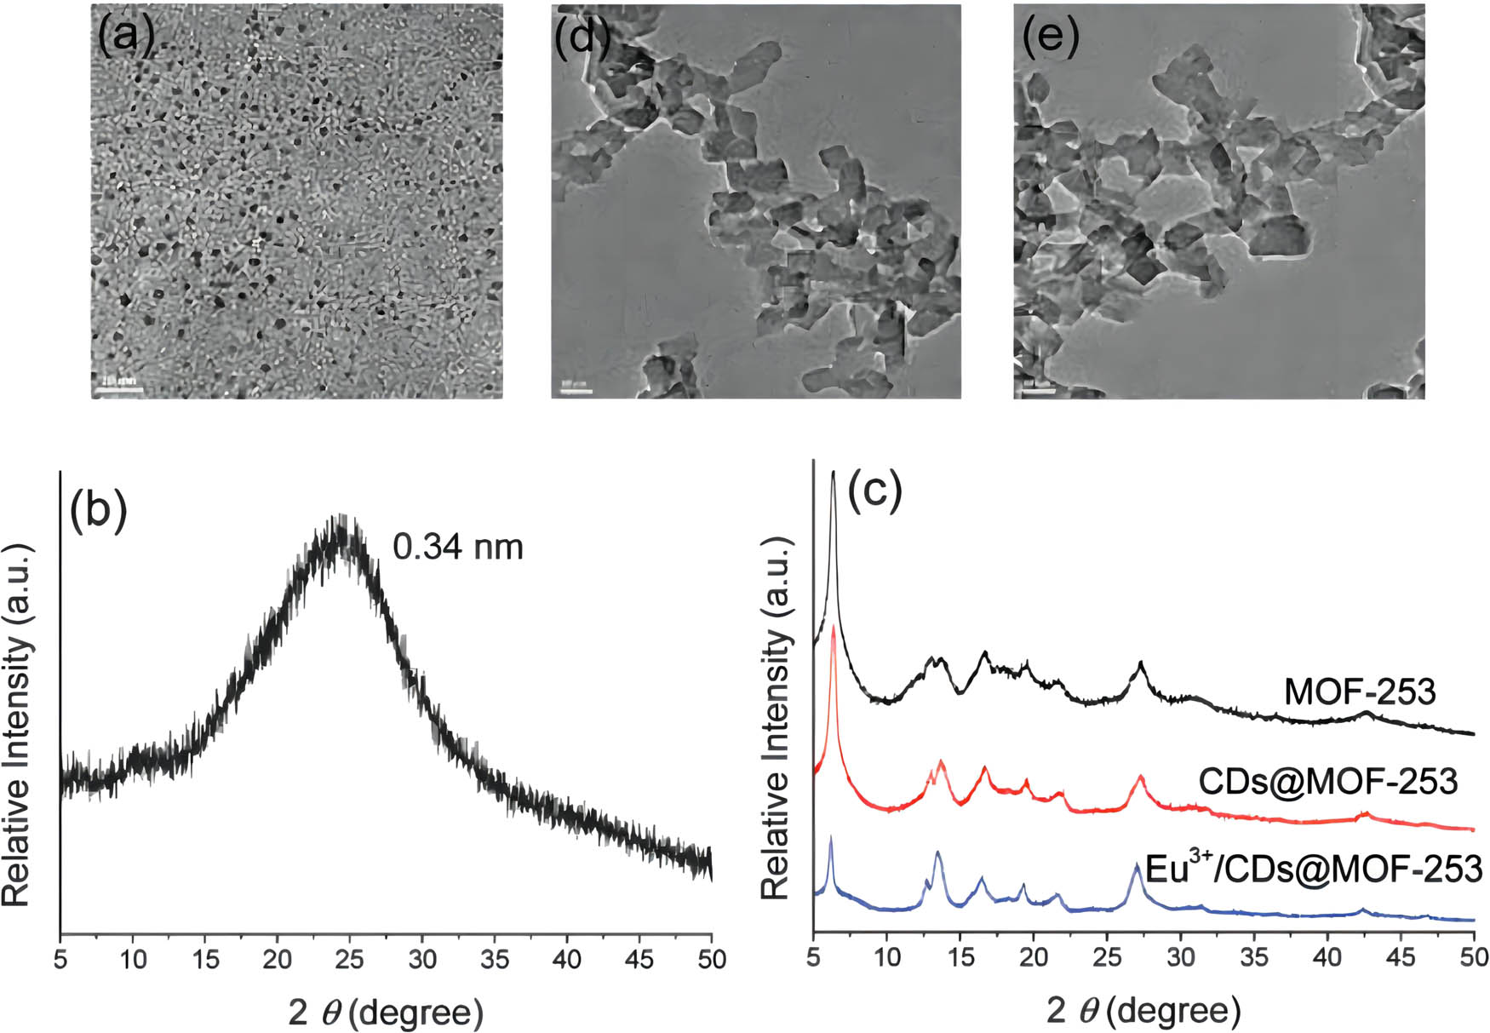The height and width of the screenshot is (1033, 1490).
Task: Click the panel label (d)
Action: [x=582, y=36]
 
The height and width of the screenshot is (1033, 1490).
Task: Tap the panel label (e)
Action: [x=1051, y=36]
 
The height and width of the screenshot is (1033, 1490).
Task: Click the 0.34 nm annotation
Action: [x=458, y=546]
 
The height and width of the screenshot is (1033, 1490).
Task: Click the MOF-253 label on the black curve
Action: [x=1360, y=692]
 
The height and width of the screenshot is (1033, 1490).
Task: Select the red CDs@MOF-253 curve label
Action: [x=1328, y=781]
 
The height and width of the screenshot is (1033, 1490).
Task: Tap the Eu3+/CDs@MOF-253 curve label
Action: [x=1315, y=869]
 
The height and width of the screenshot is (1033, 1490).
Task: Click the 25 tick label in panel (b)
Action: [x=350, y=960]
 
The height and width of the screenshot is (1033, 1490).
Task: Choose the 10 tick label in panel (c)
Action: [x=887, y=959]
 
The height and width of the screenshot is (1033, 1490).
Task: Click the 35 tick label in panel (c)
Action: [x=1253, y=959]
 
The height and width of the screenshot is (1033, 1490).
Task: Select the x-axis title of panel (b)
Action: [x=386, y=1013]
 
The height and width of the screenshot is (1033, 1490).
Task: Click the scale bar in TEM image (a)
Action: [x=117, y=390]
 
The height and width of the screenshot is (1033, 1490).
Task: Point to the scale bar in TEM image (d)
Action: [x=576, y=391]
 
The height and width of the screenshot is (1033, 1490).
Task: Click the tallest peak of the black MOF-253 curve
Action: [x=834, y=473]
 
